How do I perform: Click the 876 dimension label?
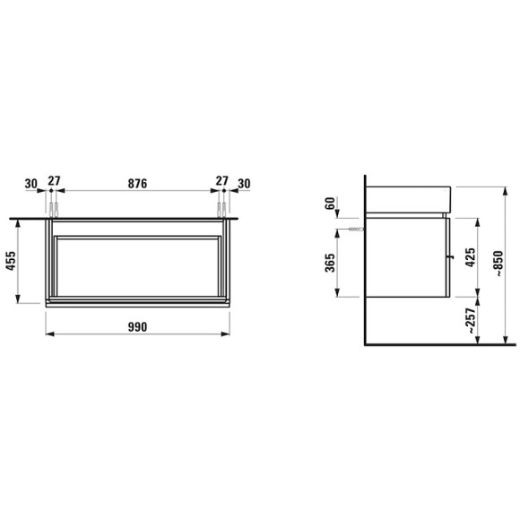137,184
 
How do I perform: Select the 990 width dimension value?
137,327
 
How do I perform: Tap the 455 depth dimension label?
12,261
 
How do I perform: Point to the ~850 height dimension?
498,264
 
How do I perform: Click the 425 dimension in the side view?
471,257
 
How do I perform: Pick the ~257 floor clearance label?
471,321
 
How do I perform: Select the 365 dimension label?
330,263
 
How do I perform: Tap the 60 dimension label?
330,204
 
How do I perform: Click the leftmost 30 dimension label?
31,184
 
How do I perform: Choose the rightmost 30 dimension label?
244,184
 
